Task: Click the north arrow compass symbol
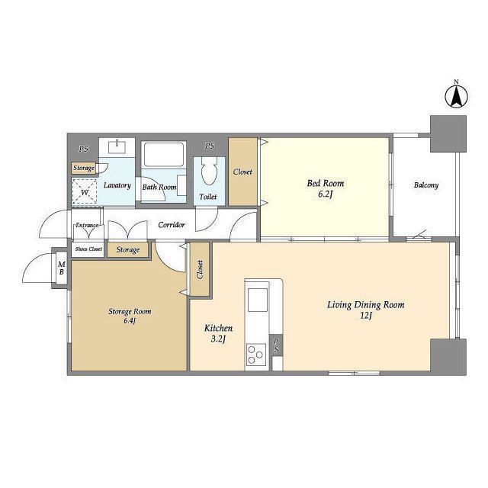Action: tap(456, 97)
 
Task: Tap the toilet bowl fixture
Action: tap(209, 171)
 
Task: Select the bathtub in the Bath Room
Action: tap(164, 155)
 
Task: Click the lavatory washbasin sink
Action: tap(117, 147)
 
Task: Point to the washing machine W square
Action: tap(85, 191)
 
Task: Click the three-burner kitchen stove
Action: tap(256, 355)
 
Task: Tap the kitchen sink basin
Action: tap(258, 300)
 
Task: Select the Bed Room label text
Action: tap(326, 183)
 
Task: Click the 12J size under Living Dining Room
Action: tap(366, 316)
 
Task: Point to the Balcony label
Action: tap(426, 185)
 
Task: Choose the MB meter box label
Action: tap(62, 268)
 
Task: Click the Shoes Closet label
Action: tap(88, 249)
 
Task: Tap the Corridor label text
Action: tap(172, 225)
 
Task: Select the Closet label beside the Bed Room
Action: tap(242, 172)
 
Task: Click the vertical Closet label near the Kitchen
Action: tap(200, 269)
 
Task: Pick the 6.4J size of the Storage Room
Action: tap(130, 321)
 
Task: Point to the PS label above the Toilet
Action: tap(210, 146)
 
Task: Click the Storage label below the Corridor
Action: tap(128, 250)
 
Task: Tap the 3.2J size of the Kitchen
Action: tap(218, 339)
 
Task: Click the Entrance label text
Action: tap(87, 225)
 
